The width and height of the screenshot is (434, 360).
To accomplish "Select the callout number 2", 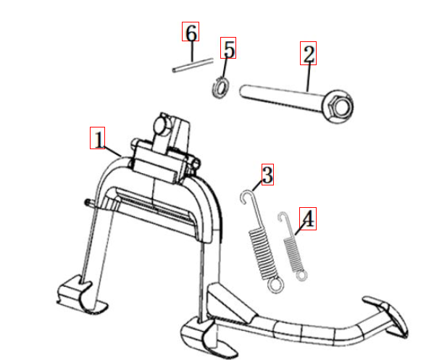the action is pyautogui.click(x=309, y=54).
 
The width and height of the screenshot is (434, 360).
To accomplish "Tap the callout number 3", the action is pyautogui.click(x=267, y=175).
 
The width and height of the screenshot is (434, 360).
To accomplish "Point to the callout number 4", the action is pyautogui.click(x=308, y=219).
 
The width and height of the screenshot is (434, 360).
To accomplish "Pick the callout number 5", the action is pyautogui.click(x=228, y=49).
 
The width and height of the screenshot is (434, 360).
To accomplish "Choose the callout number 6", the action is pyautogui.click(x=191, y=32).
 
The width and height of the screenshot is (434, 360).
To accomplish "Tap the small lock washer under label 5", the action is pyautogui.click(x=220, y=88).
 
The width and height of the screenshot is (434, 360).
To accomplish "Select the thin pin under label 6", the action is pyautogui.click(x=193, y=65).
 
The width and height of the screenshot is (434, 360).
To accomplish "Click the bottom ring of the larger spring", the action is pyautogui.click(x=275, y=285).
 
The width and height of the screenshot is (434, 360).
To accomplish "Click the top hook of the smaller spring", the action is pyautogui.click(x=283, y=217).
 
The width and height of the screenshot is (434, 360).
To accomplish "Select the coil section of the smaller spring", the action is pyautogui.click(x=293, y=254).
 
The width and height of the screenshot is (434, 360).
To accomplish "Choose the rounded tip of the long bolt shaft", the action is pyautogui.click(x=243, y=91).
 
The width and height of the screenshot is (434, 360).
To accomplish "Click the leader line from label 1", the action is pyautogui.click(x=113, y=151).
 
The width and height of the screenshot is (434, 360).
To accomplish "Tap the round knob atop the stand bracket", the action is pyautogui.click(x=162, y=126).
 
